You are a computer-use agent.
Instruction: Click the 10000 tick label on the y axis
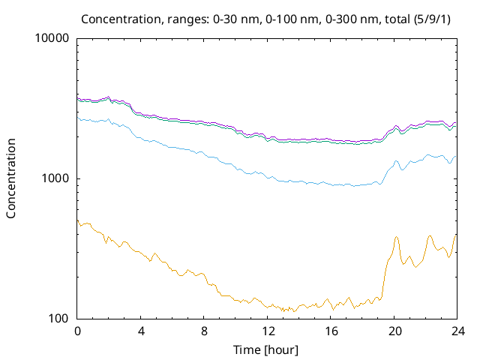pyautogui.click(x=52, y=38)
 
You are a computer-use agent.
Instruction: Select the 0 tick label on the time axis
pyautogui.click(x=77, y=331)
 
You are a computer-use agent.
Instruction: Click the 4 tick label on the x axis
pyautogui.click(x=141, y=331)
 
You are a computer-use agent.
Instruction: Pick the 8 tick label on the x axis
pyautogui.click(x=204, y=331)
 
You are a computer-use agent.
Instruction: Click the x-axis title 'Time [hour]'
pyautogui.click(x=267, y=349)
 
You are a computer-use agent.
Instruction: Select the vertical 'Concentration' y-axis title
pyautogui.click(x=11, y=178)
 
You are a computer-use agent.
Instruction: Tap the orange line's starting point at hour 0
pyautogui.click(x=78, y=220)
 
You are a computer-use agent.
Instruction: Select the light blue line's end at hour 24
pyautogui.click(x=455, y=157)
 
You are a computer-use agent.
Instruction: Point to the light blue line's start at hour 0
pyautogui.click(x=78, y=118)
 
